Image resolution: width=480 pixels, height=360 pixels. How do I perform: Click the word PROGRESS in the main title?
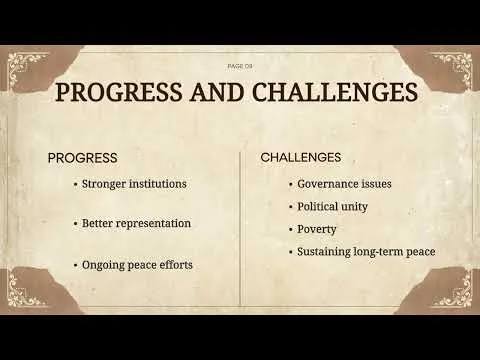pos(119,92)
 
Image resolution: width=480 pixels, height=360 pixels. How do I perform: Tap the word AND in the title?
pos(217,92)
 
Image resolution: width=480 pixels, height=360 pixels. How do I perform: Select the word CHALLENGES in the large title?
pos(335,92)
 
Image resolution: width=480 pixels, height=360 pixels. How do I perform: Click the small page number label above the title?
pos(240,66)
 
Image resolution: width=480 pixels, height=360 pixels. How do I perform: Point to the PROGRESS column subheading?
pos(82,158)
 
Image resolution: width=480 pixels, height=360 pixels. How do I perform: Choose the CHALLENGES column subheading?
pos(301,157)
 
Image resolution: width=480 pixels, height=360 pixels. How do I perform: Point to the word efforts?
pos(176,265)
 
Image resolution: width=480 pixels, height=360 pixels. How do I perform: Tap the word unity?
pos(355,207)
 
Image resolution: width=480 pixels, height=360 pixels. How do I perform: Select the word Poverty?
pos(317,230)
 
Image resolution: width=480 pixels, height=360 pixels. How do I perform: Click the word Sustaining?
pos(324,252)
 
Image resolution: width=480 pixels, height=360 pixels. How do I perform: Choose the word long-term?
pos(378,252)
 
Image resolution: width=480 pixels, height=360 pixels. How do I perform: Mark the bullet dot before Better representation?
pos(75,223)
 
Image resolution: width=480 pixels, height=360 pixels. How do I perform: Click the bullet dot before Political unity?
pos(291,207)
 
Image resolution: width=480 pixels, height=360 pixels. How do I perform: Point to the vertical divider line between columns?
pos(240,228)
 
